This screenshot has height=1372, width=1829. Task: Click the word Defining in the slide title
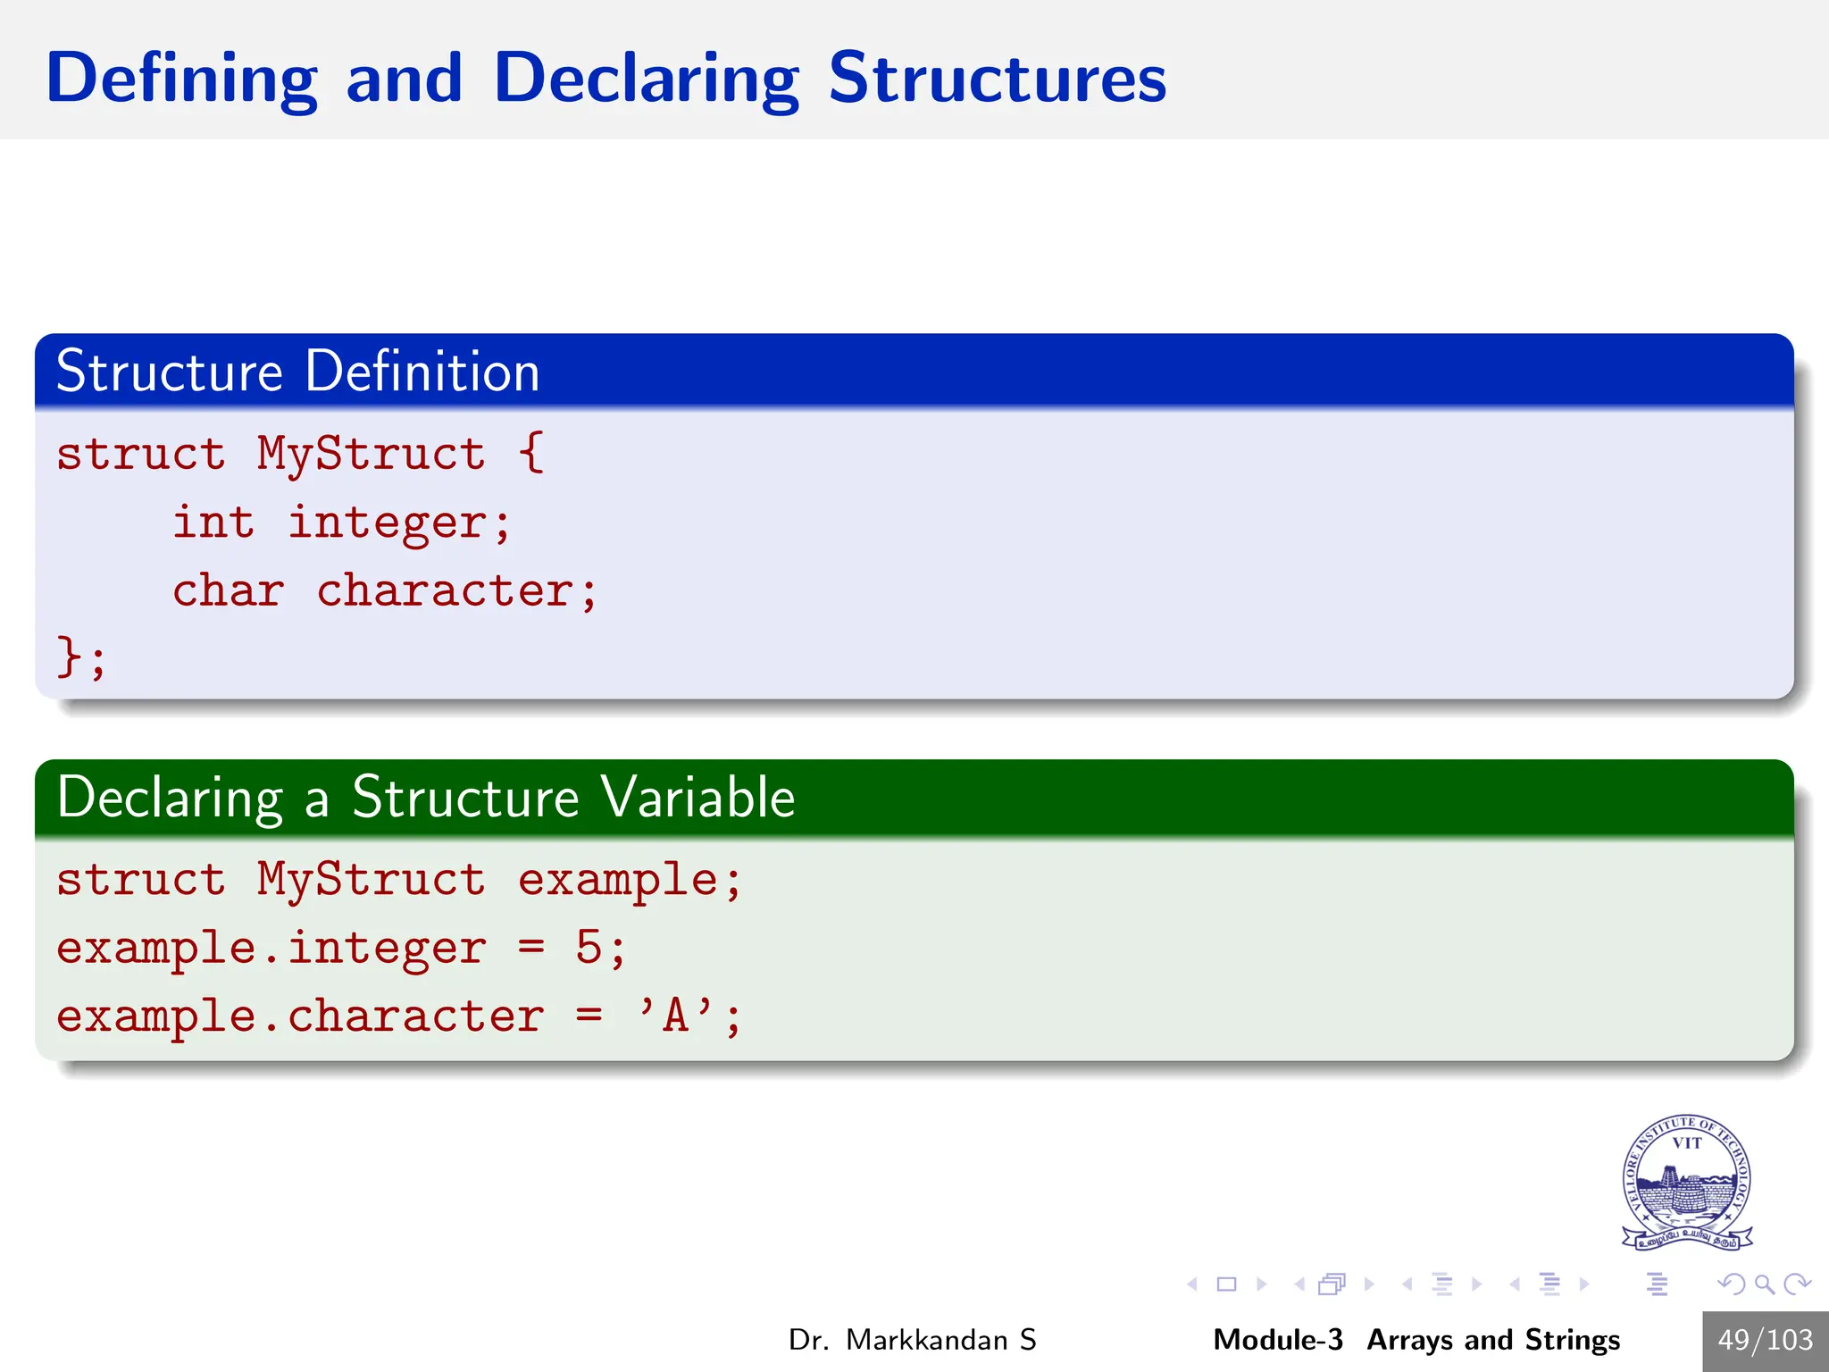pyautogui.click(x=181, y=79)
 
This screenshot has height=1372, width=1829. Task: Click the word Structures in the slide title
pyautogui.click(x=997, y=79)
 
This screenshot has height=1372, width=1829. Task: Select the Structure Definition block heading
pyautogui.click(x=297, y=371)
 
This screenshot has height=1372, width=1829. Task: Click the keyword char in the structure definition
pyautogui.click(x=228, y=590)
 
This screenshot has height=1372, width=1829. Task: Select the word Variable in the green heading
pyautogui.click(x=697, y=797)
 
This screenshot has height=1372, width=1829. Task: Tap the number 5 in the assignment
pyautogui.click(x=589, y=948)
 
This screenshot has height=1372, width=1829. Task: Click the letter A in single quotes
pyautogui.click(x=675, y=1016)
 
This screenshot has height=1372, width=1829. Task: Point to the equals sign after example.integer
pyautogui.click(x=530, y=948)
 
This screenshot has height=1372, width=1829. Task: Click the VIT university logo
pyautogui.click(x=1686, y=1182)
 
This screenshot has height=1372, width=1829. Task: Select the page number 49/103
pyautogui.click(x=1765, y=1340)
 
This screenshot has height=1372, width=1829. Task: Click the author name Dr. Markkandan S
pyautogui.click(x=912, y=1340)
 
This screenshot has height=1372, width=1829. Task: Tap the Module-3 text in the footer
pyautogui.click(x=1277, y=1340)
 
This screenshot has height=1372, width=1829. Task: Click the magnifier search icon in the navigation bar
pyautogui.click(x=1764, y=1284)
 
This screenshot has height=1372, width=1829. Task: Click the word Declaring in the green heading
pyautogui.click(x=170, y=797)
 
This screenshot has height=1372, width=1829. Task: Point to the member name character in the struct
pyautogui.click(x=445, y=590)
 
